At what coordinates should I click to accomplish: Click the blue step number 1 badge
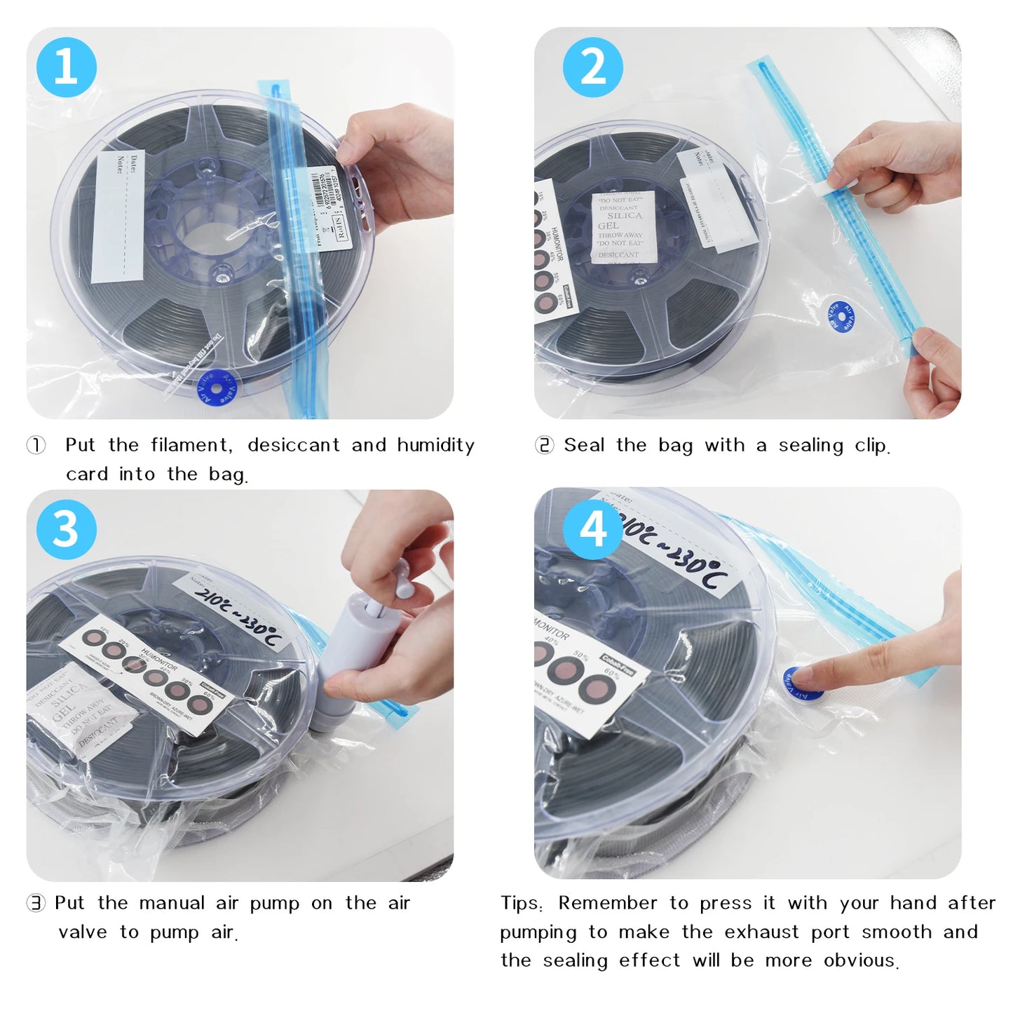click(66, 67)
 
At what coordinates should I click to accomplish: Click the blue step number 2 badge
click(593, 67)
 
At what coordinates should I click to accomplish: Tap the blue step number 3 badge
click(66, 529)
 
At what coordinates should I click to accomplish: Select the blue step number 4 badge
click(593, 529)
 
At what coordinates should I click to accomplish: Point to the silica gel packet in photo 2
click(623, 226)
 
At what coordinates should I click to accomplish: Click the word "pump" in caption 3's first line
click(274, 903)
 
